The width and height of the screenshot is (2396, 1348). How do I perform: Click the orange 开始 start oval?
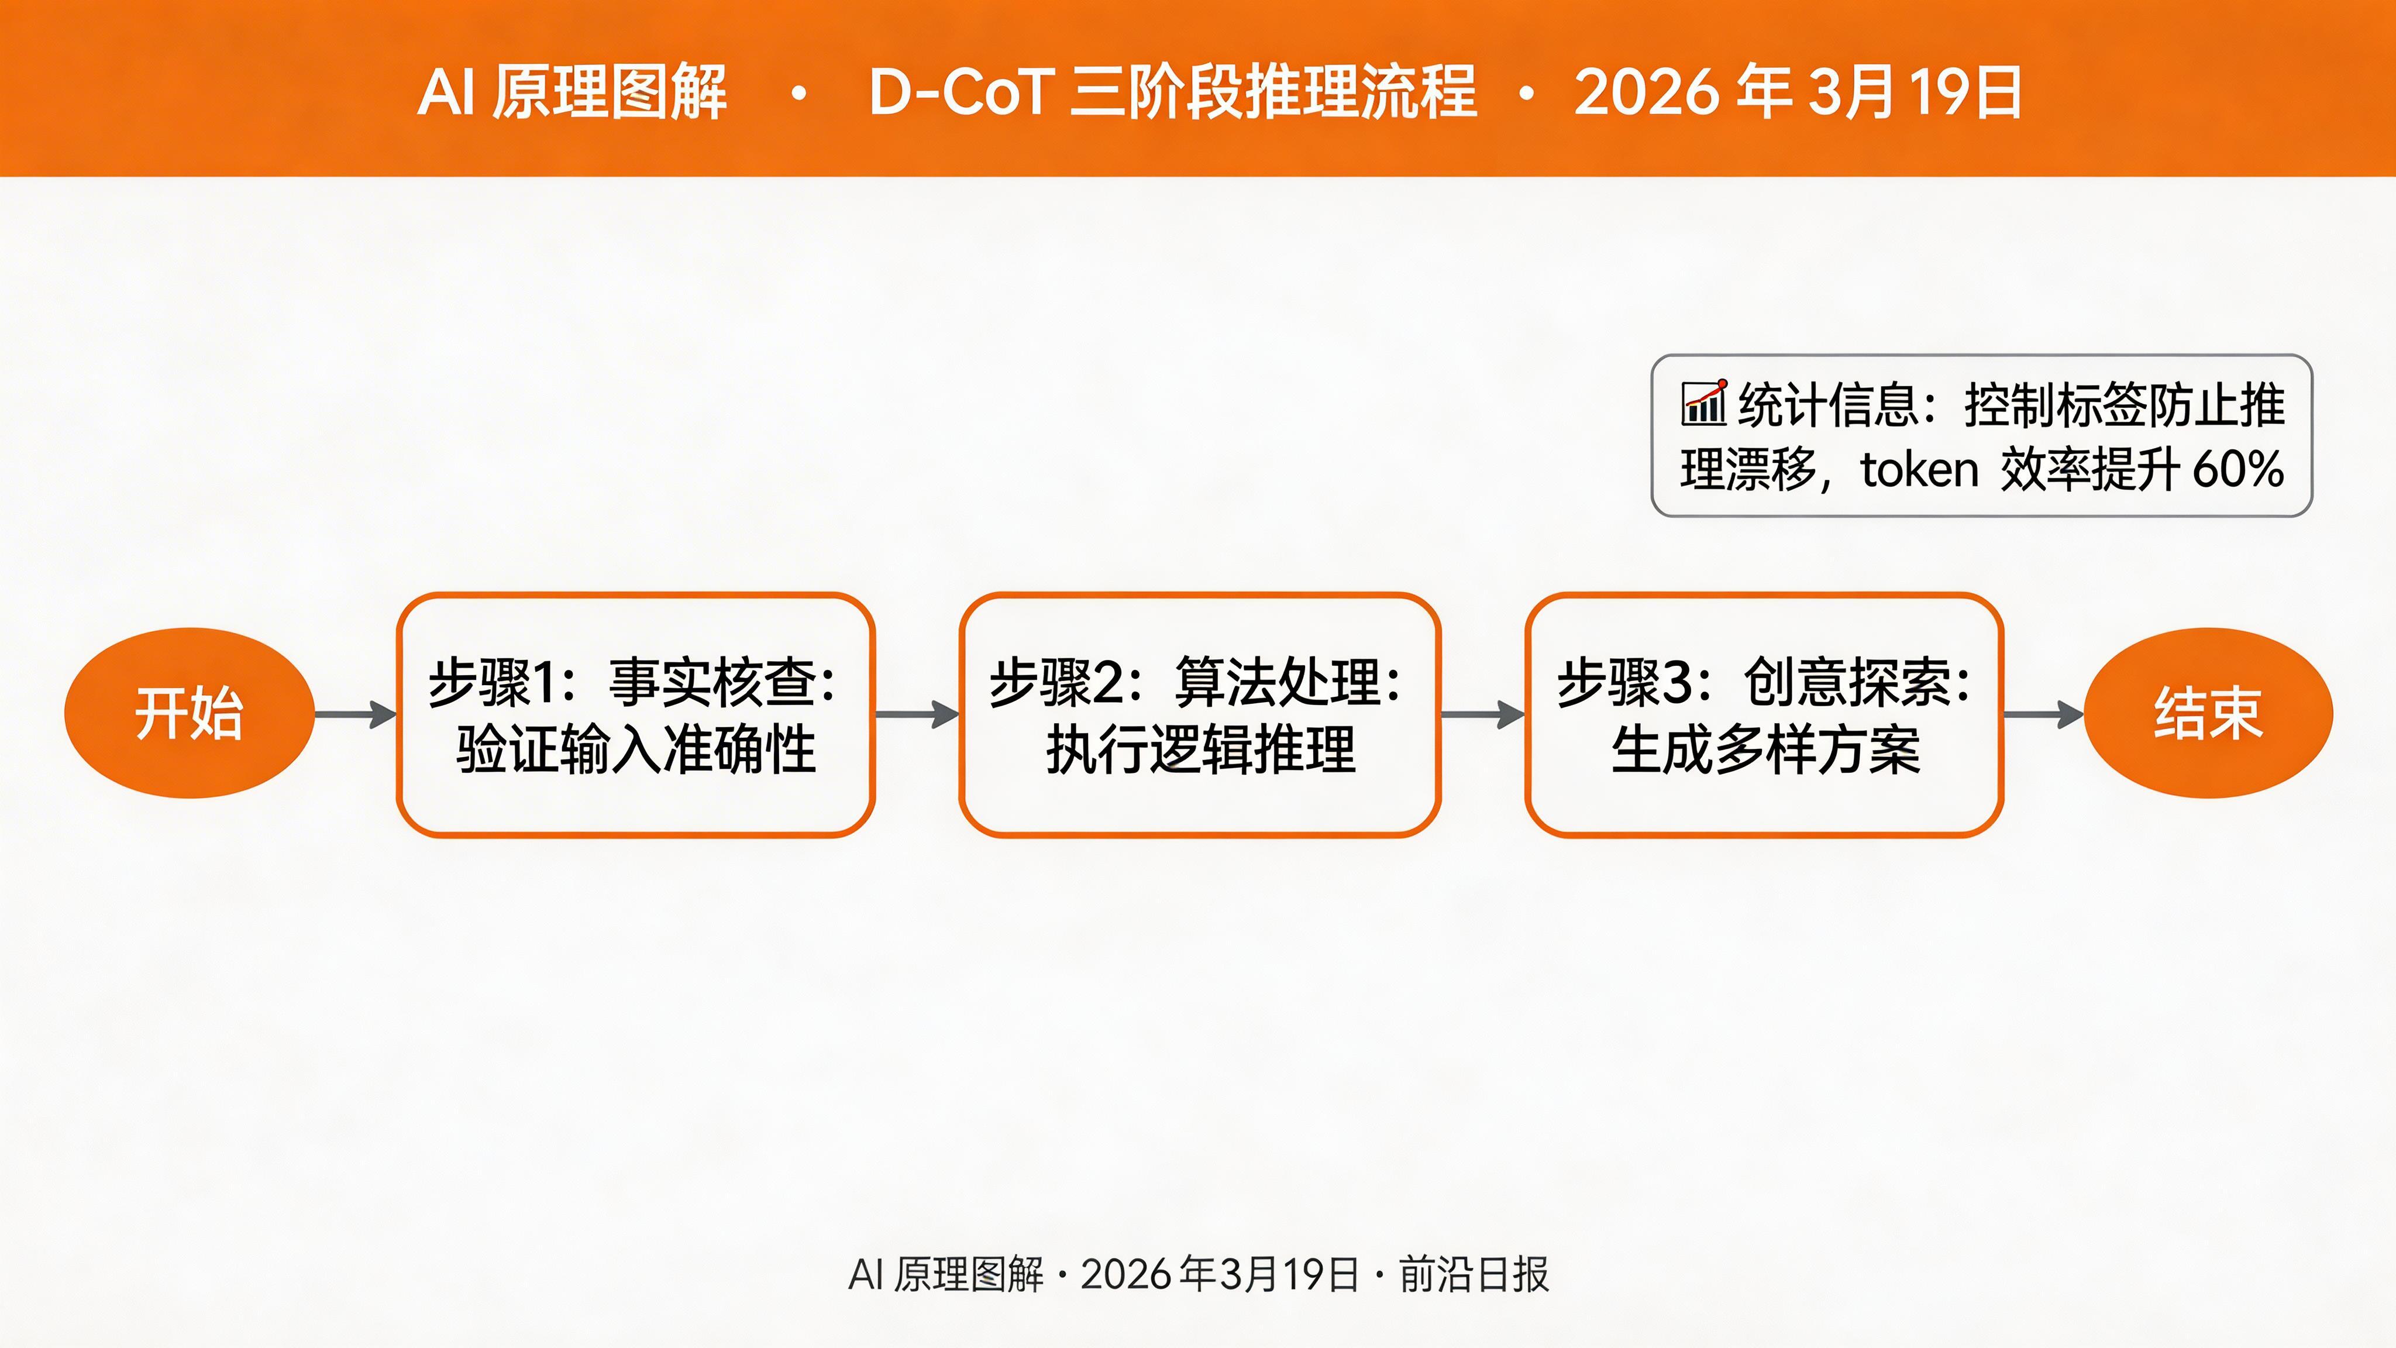(189, 714)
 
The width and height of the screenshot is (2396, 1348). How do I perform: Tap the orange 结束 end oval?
(2208, 714)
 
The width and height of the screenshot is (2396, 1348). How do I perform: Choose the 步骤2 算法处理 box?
(1200, 714)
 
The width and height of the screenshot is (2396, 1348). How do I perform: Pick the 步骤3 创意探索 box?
(1764, 714)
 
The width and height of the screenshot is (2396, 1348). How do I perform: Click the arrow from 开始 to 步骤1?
(355, 714)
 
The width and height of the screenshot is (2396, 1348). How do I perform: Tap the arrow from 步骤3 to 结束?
(2043, 714)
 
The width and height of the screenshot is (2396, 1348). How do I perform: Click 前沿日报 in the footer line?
(1474, 1274)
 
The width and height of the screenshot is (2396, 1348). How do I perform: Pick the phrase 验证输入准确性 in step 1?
(636, 750)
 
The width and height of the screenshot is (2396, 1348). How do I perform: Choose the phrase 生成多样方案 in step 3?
(1764, 750)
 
